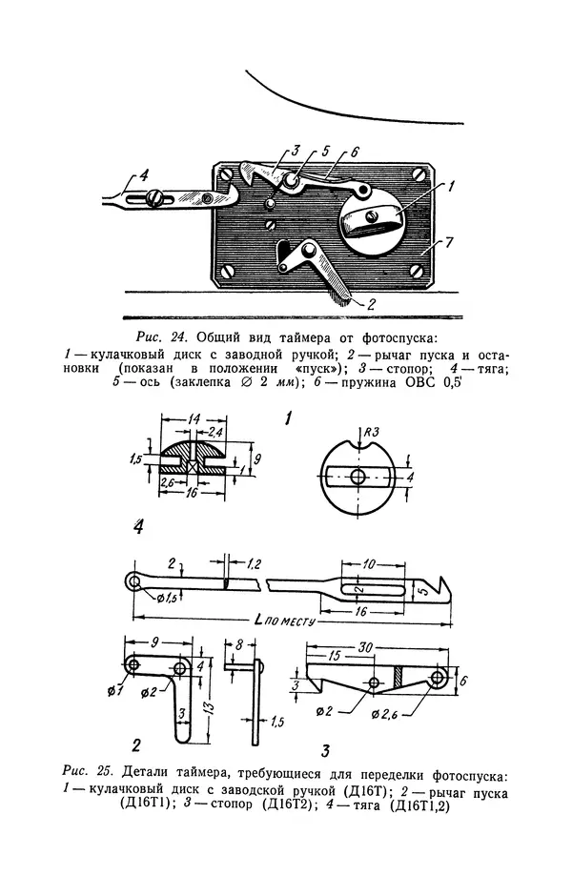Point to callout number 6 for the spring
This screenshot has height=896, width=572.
click(355, 153)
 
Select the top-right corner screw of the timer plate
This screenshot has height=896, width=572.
click(421, 175)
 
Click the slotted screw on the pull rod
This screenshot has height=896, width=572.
click(155, 197)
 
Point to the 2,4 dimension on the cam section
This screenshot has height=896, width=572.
click(215, 433)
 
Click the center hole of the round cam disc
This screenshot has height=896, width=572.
click(357, 476)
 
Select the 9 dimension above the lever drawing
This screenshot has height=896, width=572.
click(154, 641)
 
